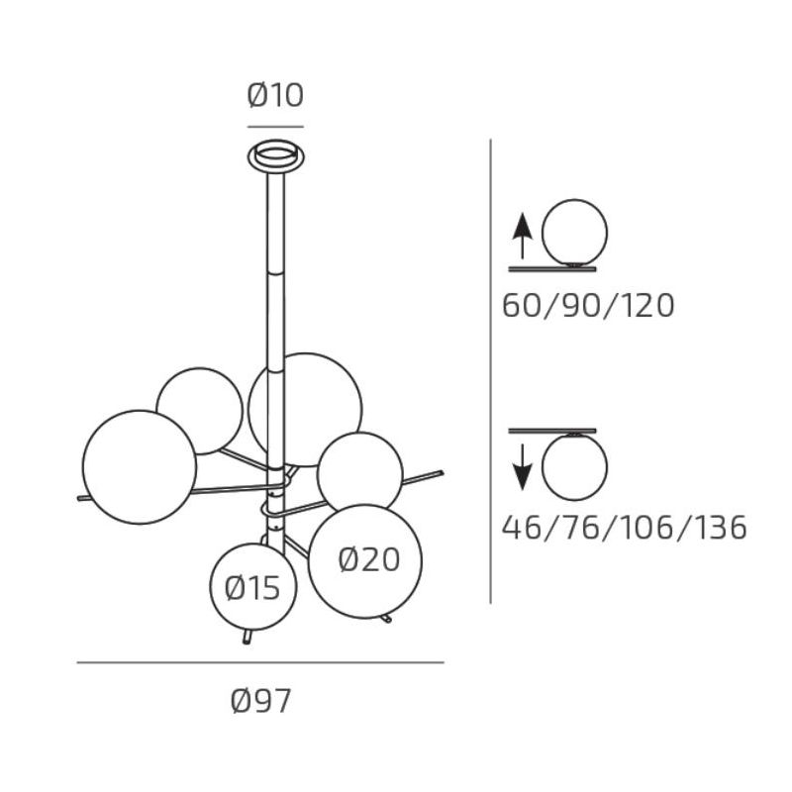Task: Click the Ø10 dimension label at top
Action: click(275, 95)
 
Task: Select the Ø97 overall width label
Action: click(260, 701)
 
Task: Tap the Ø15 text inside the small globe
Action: click(252, 588)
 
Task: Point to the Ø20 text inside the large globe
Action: click(369, 560)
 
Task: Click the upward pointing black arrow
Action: click(523, 236)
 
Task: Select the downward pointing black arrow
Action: click(523, 467)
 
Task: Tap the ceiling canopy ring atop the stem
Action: click(276, 155)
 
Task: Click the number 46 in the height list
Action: click(522, 528)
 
